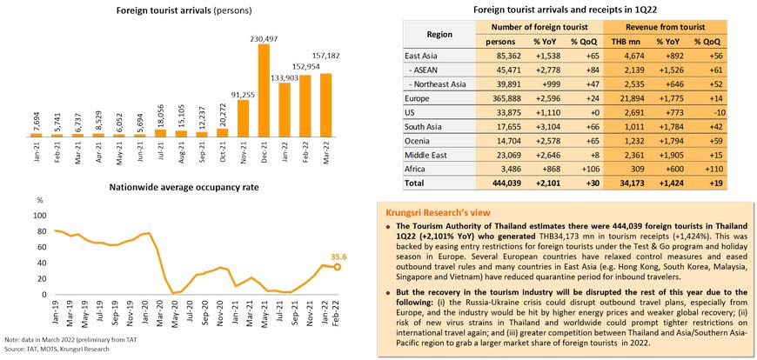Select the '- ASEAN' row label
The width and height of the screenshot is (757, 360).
coord(431,69)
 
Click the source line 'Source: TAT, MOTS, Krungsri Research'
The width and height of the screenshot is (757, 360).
coord(57,348)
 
